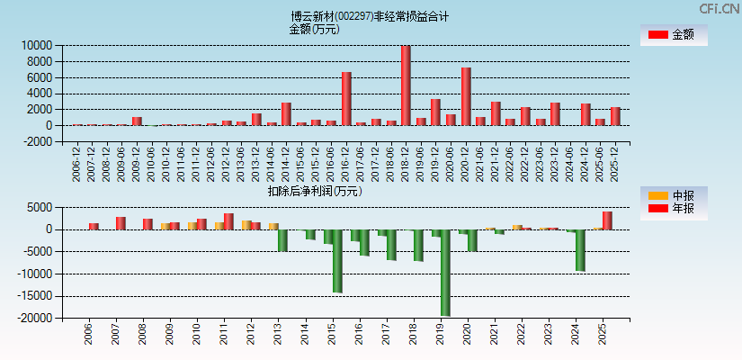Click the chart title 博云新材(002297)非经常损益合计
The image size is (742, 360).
pyautogui.click(x=370, y=16)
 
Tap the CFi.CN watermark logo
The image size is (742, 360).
pyautogui.click(x=719, y=8)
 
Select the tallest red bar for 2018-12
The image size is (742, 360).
pyautogui.click(x=406, y=85)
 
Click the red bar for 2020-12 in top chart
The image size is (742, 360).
pyautogui.click(x=466, y=96)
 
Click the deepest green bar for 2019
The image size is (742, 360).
pyautogui.click(x=445, y=272)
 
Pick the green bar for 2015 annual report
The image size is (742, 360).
pyautogui.click(x=337, y=260)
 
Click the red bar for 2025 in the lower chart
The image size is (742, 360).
pyautogui.click(x=607, y=220)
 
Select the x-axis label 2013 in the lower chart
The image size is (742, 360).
pyautogui.click(x=278, y=335)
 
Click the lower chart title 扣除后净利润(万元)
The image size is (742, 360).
pyautogui.click(x=314, y=191)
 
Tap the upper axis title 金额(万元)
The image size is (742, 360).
pyautogui.click(x=314, y=29)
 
